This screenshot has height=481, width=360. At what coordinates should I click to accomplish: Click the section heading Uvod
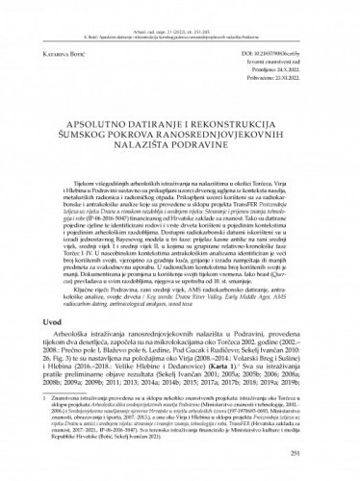pos(51,324)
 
